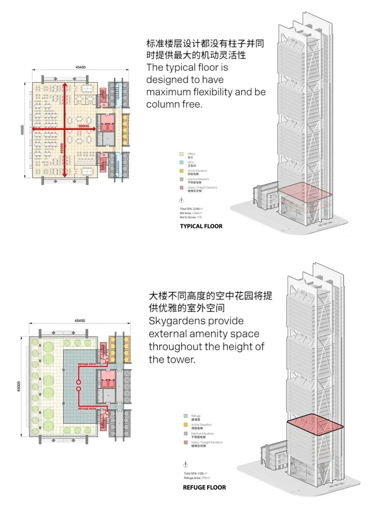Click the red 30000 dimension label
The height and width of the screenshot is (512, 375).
[x=84, y=126]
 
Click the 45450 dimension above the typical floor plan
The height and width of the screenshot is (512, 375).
[x=80, y=67]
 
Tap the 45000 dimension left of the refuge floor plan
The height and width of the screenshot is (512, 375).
[x=19, y=386]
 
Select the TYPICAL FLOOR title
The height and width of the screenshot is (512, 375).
[x=201, y=226]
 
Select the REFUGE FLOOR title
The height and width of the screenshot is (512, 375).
[x=204, y=488]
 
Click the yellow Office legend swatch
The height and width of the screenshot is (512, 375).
[x=181, y=154]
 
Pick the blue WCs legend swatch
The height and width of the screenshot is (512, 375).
[x=181, y=162]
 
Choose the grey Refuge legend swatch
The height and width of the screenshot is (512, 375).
[x=186, y=416]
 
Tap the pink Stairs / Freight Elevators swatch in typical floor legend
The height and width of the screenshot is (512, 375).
[x=181, y=188]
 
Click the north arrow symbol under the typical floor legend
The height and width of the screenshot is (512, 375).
[x=181, y=201]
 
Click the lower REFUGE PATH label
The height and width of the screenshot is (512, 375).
[x=87, y=409]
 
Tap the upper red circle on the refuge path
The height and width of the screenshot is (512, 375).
[x=79, y=382]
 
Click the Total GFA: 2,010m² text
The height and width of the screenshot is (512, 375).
[x=191, y=209]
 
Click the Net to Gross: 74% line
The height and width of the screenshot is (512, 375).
[x=191, y=217]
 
